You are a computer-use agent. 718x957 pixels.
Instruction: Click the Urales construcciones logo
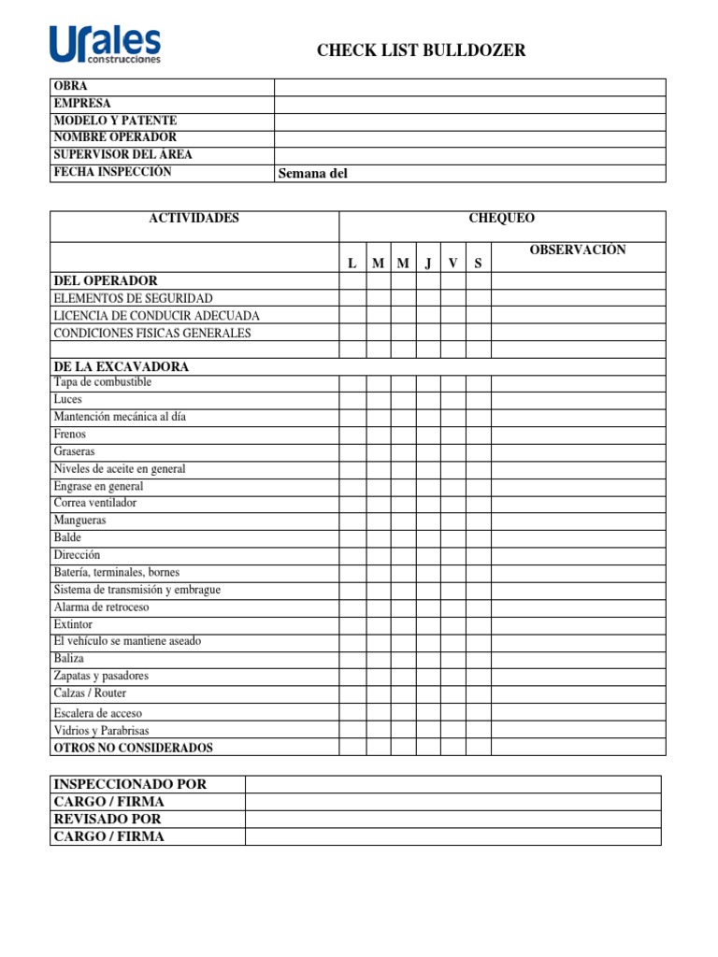(x=105, y=44)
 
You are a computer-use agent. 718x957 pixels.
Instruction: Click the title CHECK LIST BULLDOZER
(x=421, y=50)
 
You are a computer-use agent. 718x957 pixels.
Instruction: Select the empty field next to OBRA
(x=469, y=87)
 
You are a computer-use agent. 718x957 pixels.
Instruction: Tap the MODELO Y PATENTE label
(x=115, y=121)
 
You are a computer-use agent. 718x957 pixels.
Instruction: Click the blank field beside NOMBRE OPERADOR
(x=469, y=138)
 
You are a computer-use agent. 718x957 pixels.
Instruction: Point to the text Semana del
(x=313, y=173)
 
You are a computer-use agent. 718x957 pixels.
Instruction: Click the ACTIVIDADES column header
(x=194, y=219)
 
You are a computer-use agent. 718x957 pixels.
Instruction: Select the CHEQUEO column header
(x=502, y=219)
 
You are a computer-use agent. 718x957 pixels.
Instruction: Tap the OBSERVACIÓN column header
(x=578, y=250)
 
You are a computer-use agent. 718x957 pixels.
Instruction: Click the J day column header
(x=428, y=264)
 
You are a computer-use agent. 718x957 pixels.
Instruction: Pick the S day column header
(x=478, y=264)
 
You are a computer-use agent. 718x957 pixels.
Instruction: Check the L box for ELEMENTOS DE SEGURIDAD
(x=352, y=298)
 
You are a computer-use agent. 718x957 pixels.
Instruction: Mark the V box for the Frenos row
(x=453, y=435)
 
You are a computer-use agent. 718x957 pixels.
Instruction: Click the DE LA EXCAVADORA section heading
(x=122, y=367)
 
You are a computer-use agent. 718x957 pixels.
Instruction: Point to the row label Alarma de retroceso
(x=101, y=607)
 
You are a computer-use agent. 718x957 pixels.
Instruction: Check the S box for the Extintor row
(x=478, y=624)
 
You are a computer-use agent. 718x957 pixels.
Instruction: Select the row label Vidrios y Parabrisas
(x=101, y=731)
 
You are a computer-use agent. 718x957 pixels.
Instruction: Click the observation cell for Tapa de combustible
(x=578, y=383)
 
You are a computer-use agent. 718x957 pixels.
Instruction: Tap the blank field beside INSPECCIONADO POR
(x=452, y=784)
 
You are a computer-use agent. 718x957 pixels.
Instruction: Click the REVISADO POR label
(x=108, y=820)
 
